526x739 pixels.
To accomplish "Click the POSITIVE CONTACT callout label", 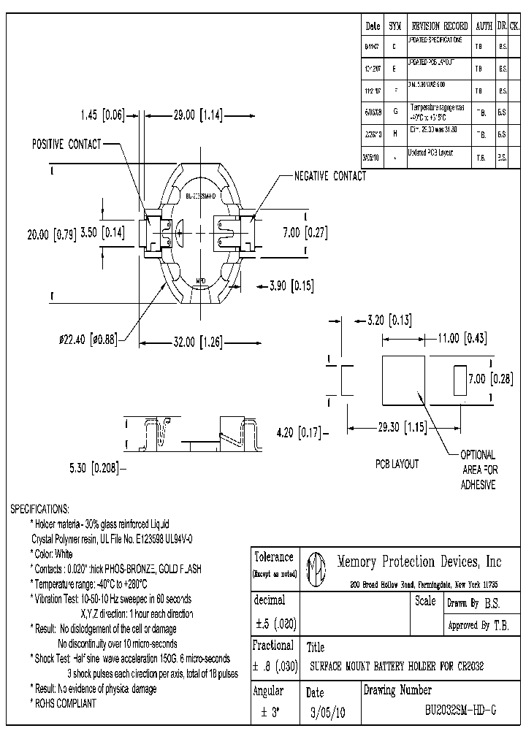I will (66, 145).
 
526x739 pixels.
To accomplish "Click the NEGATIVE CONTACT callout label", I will (330, 176).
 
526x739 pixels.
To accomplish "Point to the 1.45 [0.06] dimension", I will (103, 115).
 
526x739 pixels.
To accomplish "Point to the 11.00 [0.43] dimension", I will (462, 338).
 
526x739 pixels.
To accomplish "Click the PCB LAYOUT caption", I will (397, 464).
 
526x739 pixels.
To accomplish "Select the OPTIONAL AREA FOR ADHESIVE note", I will (479, 470).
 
